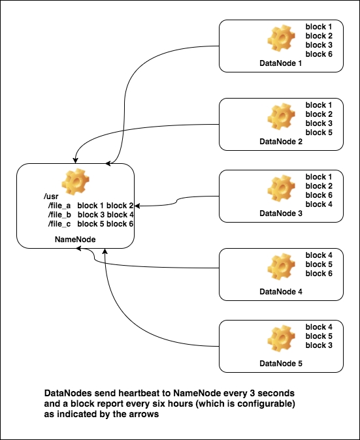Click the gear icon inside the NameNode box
point(76,182)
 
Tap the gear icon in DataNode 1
point(281,38)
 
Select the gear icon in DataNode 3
point(281,189)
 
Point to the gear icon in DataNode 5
point(281,338)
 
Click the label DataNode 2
point(281,142)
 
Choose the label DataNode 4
point(281,292)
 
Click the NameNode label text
point(75,240)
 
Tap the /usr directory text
point(51,196)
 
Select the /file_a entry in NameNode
point(59,206)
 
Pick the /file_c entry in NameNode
point(59,224)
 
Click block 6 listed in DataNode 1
point(319,54)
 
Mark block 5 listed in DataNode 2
point(319,132)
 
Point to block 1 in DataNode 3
point(319,177)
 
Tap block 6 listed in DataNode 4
point(319,274)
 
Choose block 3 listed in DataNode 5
point(319,345)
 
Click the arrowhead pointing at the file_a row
point(137,206)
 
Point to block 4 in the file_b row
point(120,215)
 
